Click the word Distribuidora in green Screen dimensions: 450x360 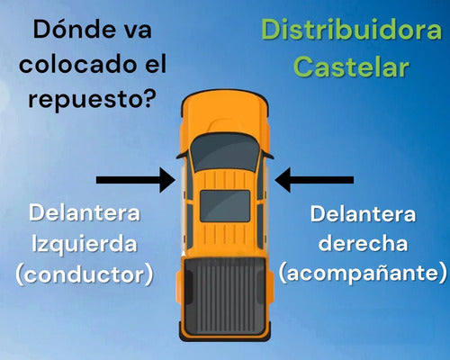click(x=351, y=30)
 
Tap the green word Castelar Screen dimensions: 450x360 click(x=351, y=67)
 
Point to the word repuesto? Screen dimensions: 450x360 click(x=92, y=99)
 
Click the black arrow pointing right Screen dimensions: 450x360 click(x=136, y=180)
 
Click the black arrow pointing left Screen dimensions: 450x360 click(x=314, y=180)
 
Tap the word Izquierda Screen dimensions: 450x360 click(x=85, y=244)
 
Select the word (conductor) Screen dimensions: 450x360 click(x=85, y=274)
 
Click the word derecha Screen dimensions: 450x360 click(x=363, y=243)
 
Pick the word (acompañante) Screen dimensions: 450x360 click(x=363, y=274)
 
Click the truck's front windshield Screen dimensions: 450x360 click(x=225, y=153)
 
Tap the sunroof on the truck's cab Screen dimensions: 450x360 click(x=225, y=206)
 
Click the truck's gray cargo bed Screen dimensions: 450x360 click(x=225, y=296)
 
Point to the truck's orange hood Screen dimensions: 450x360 click(x=225, y=114)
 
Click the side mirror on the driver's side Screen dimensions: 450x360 click(x=183, y=155)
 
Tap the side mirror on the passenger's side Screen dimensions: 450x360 click(x=267, y=155)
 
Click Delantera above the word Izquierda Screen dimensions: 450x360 click(x=85, y=213)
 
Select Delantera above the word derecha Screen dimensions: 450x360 click(x=363, y=214)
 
